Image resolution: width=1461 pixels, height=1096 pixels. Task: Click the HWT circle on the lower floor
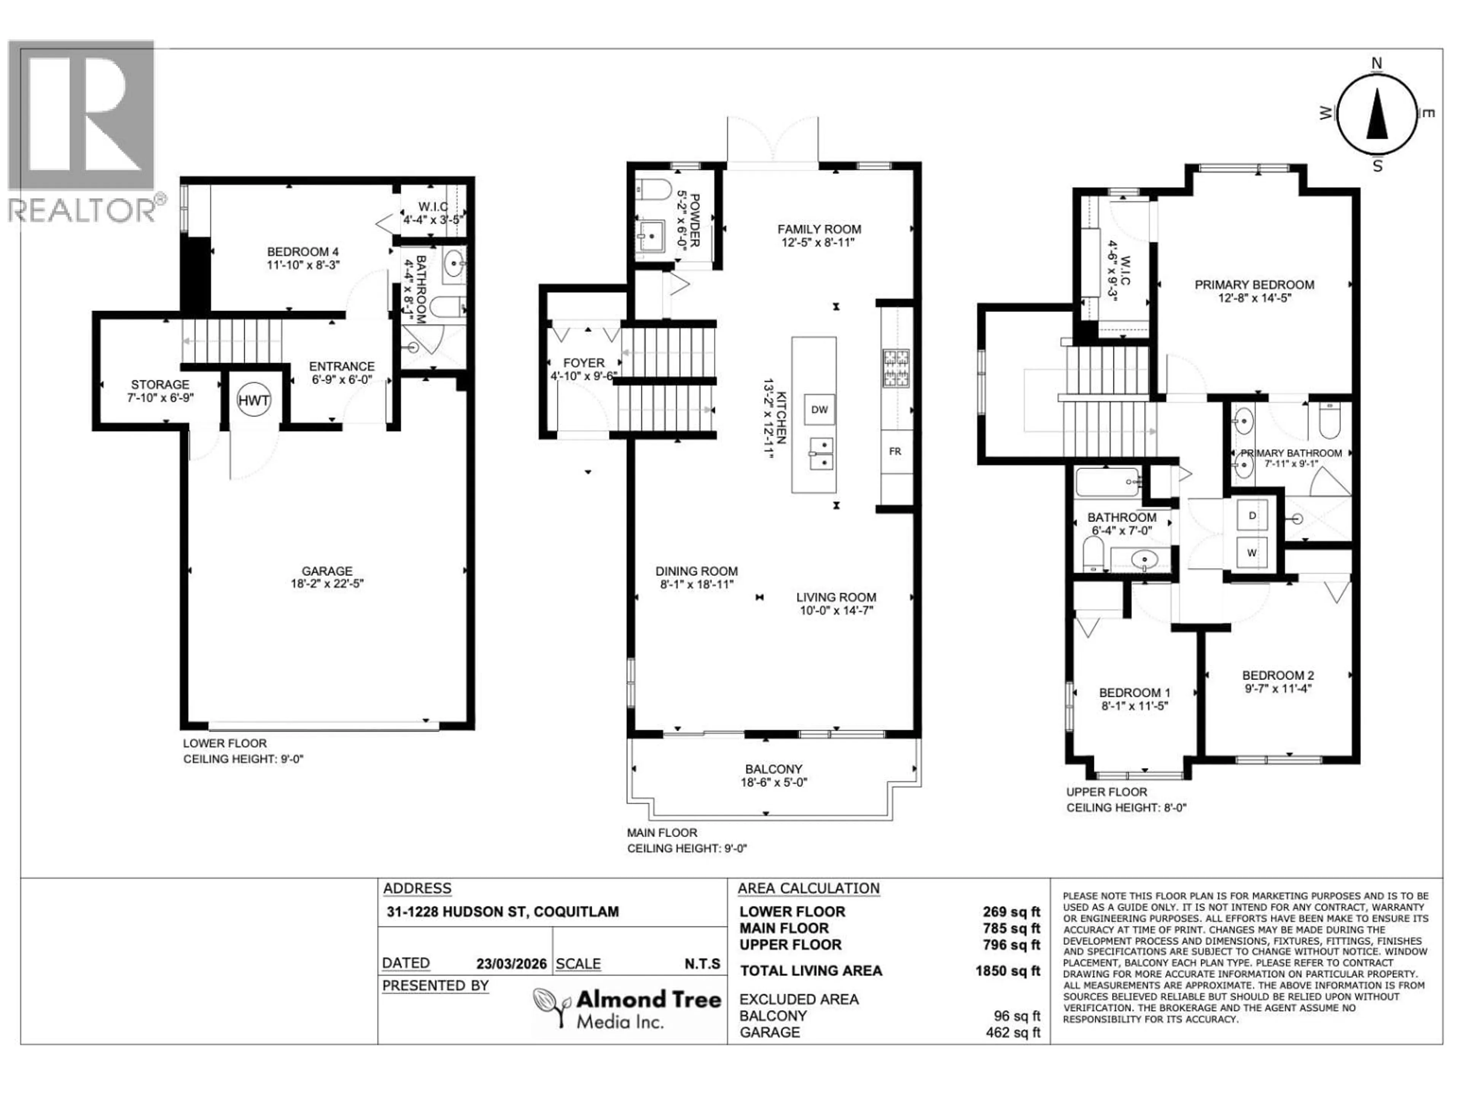(254, 400)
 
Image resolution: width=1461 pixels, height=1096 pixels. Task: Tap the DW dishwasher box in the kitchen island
(819, 409)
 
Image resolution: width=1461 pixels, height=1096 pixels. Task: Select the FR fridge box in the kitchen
(895, 452)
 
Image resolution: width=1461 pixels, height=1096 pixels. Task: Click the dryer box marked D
(1252, 515)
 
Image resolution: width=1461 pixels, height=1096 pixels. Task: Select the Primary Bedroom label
(1254, 285)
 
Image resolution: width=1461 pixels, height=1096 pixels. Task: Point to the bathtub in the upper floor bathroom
(1108, 482)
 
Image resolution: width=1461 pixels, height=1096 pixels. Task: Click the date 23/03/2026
(511, 964)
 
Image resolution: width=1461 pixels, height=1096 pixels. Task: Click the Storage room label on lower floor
(160, 384)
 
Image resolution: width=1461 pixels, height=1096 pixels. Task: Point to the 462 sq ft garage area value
(1012, 1032)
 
